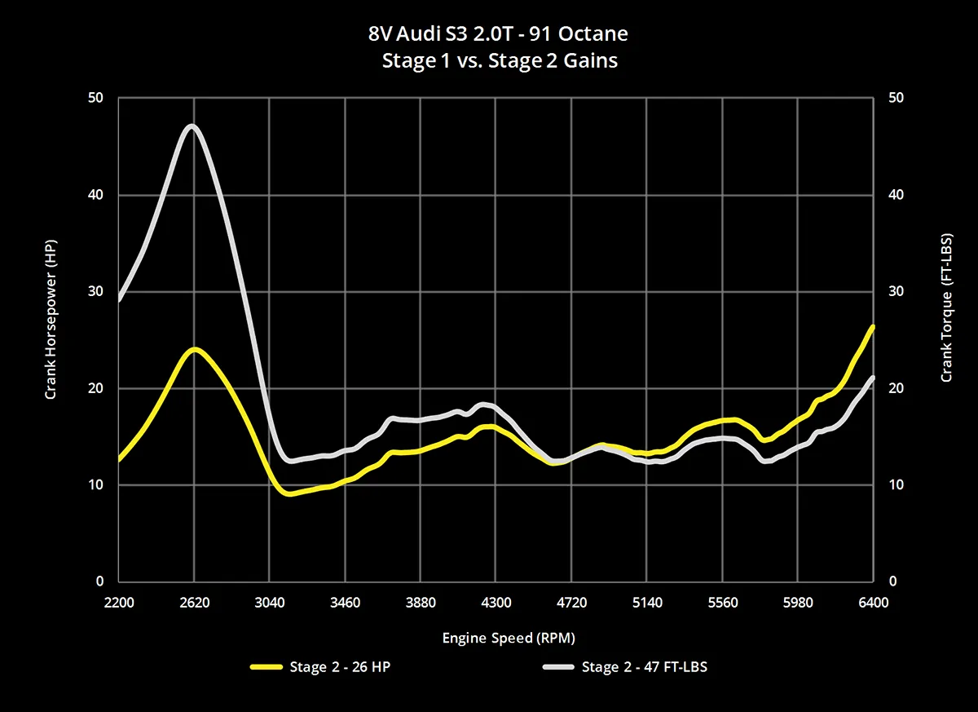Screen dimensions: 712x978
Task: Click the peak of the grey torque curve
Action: (x=192, y=126)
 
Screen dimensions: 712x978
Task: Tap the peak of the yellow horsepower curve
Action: (x=194, y=349)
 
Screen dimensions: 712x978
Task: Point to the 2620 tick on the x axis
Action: (x=194, y=603)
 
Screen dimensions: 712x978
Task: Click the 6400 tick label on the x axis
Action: (x=873, y=603)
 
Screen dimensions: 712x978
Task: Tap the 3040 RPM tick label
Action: (x=270, y=603)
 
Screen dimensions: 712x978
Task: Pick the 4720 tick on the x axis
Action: (x=571, y=603)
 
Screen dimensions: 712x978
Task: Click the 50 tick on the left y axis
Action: (x=96, y=98)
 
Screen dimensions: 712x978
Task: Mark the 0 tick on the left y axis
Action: (x=99, y=582)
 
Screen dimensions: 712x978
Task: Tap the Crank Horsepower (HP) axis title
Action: (x=51, y=325)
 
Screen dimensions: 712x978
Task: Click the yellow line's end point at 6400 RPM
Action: (x=872, y=327)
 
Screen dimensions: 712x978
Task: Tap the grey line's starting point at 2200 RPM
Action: (x=120, y=299)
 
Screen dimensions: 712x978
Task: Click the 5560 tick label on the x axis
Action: (x=722, y=603)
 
